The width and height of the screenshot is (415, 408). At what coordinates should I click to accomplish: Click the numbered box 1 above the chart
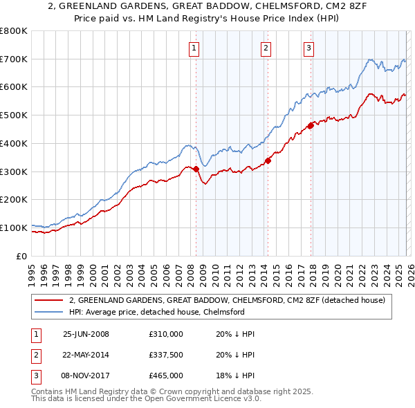[x=194, y=48]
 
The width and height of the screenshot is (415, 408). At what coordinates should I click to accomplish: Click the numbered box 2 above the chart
[x=266, y=48]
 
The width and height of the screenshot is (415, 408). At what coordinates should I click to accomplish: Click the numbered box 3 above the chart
[x=308, y=48]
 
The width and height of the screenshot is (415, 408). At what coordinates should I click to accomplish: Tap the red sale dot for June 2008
[x=196, y=168]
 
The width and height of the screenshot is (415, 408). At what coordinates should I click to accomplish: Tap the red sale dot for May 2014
[x=268, y=160]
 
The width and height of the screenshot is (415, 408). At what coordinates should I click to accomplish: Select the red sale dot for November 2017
[x=311, y=125]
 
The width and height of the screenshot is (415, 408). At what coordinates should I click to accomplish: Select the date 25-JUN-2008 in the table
[x=86, y=334]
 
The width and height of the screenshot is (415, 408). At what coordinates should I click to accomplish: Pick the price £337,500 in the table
[x=166, y=355]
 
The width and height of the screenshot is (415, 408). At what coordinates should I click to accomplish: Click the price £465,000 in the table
[x=166, y=375]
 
